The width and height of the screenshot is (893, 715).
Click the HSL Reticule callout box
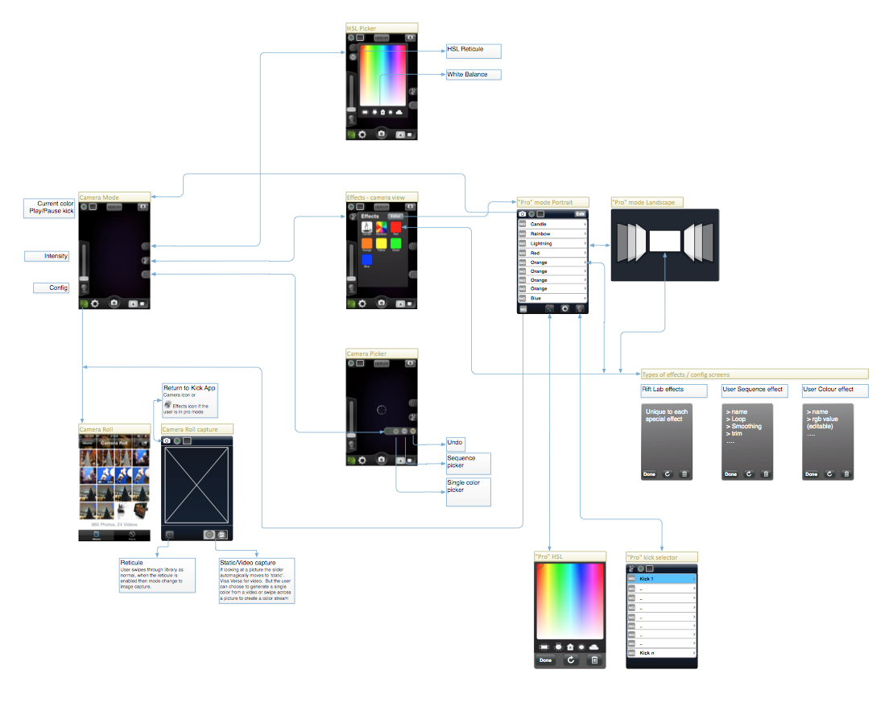pyautogui.click(x=473, y=51)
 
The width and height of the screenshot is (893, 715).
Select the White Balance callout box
pyautogui.click(x=473, y=75)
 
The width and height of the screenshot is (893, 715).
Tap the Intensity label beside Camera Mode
pyautogui.click(x=47, y=256)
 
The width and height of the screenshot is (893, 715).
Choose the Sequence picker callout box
pyautogui.click(x=468, y=463)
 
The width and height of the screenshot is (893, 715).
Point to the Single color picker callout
pyautogui.click(x=468, y=492)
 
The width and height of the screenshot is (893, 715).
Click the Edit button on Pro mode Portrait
pyautogui.click(x=580, y=213)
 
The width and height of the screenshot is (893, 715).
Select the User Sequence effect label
pyautogui.click(x=753, y=390)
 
